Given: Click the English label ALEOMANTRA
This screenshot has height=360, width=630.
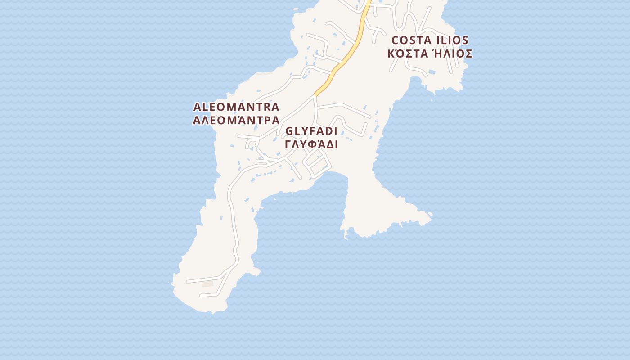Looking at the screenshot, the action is (236, 107).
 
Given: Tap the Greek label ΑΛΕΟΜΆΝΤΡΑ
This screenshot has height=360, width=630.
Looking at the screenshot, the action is (236, 121).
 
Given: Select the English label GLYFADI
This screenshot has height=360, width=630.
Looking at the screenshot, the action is (311, 131).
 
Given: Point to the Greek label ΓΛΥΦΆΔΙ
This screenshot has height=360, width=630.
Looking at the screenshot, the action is (311, 145).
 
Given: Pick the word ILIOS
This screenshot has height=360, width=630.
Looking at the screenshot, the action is (451, 40).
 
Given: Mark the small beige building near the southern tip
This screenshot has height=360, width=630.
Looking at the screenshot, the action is (207, 283).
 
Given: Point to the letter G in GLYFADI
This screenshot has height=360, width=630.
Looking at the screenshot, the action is (290, 131).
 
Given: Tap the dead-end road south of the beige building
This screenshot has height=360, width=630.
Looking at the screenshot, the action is (211, 295).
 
